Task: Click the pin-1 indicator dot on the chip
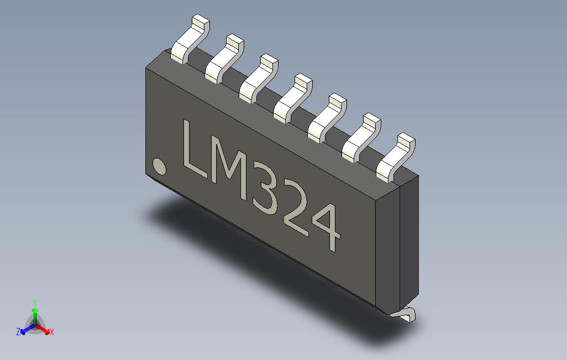coord(159,166)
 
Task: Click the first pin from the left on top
coord(188,41)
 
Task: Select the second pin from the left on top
coord(222,59)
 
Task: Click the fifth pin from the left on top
coord(326,117)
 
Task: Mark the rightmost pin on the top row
coord(394,157)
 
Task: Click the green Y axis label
coord(35,302)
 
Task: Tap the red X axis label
coord(51,332)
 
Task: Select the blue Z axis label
coord(18,332)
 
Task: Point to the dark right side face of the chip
coord(408,243)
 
